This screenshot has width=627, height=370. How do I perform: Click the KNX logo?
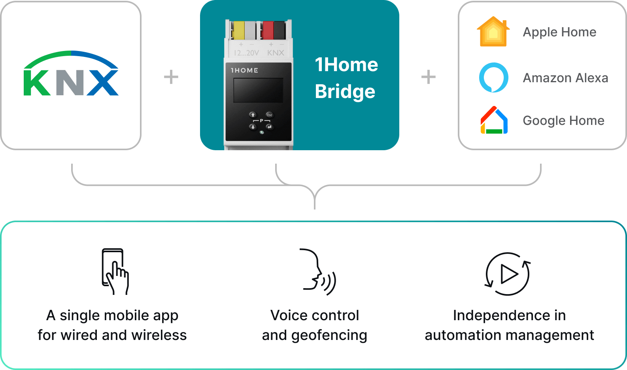[71, 73]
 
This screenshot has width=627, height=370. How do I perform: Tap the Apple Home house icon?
[493, 31]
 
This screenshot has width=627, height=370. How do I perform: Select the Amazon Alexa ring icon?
[493, 77]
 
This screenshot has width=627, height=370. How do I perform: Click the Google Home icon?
[494, 120]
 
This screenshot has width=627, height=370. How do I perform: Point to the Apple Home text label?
[559, 32]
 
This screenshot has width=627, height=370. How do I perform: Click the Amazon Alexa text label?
[565, 78]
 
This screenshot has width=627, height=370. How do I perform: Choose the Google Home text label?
[563, 121]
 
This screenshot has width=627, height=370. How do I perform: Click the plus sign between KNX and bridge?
[171, 77]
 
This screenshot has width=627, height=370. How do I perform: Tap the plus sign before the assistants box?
[429, 77]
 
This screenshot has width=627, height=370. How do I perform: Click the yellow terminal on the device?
[239, 30]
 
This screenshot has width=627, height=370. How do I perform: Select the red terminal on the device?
[268, 30]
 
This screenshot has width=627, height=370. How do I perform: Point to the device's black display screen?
[258, 90]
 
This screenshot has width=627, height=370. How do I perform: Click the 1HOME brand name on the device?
[244, 70]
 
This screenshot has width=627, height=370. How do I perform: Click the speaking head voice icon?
[318, 272]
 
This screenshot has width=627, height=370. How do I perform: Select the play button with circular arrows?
[508, 274]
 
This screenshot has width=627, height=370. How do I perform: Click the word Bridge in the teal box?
[345, 92]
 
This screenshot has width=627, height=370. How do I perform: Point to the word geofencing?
[329, 335]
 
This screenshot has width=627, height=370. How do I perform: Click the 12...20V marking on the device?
[246, 53]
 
